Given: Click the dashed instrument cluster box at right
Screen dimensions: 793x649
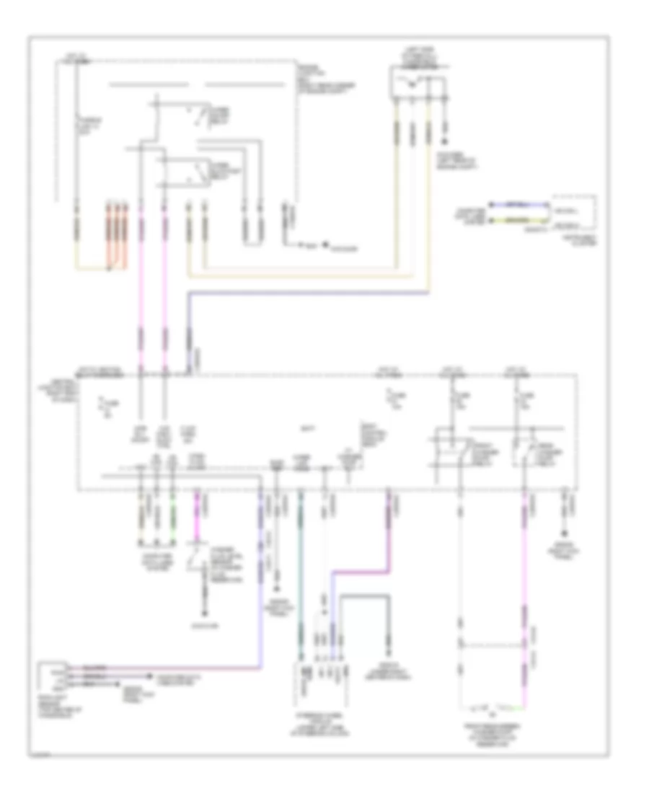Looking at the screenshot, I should (x=574, y=212).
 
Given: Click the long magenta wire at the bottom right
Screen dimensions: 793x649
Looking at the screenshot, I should (x=525, y=598).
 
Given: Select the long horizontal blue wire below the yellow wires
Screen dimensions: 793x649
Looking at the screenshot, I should (x=310, y=293).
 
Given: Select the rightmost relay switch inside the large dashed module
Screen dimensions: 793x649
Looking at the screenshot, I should (x=524, y=451).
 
